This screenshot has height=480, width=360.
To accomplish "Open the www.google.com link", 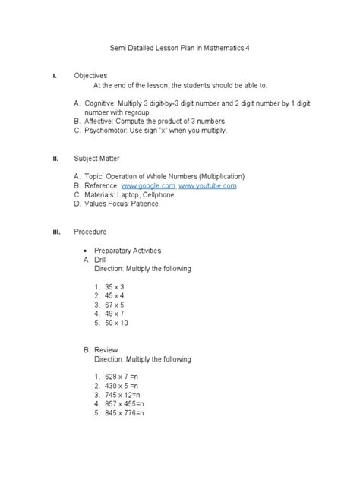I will coord(148,185).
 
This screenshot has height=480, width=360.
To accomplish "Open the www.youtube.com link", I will coord(207,185).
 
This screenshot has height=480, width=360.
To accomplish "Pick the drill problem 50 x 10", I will coord(116,322).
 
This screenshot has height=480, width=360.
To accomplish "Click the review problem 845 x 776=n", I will coord(124,413).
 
